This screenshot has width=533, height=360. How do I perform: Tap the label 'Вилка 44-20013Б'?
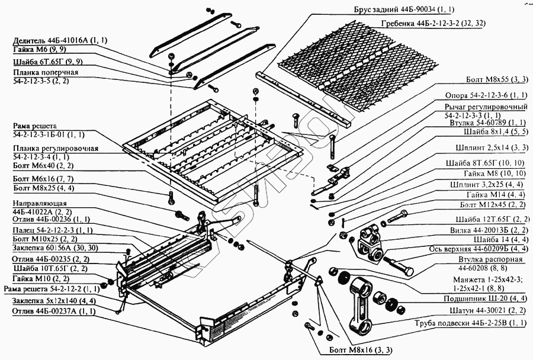(480, 229)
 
